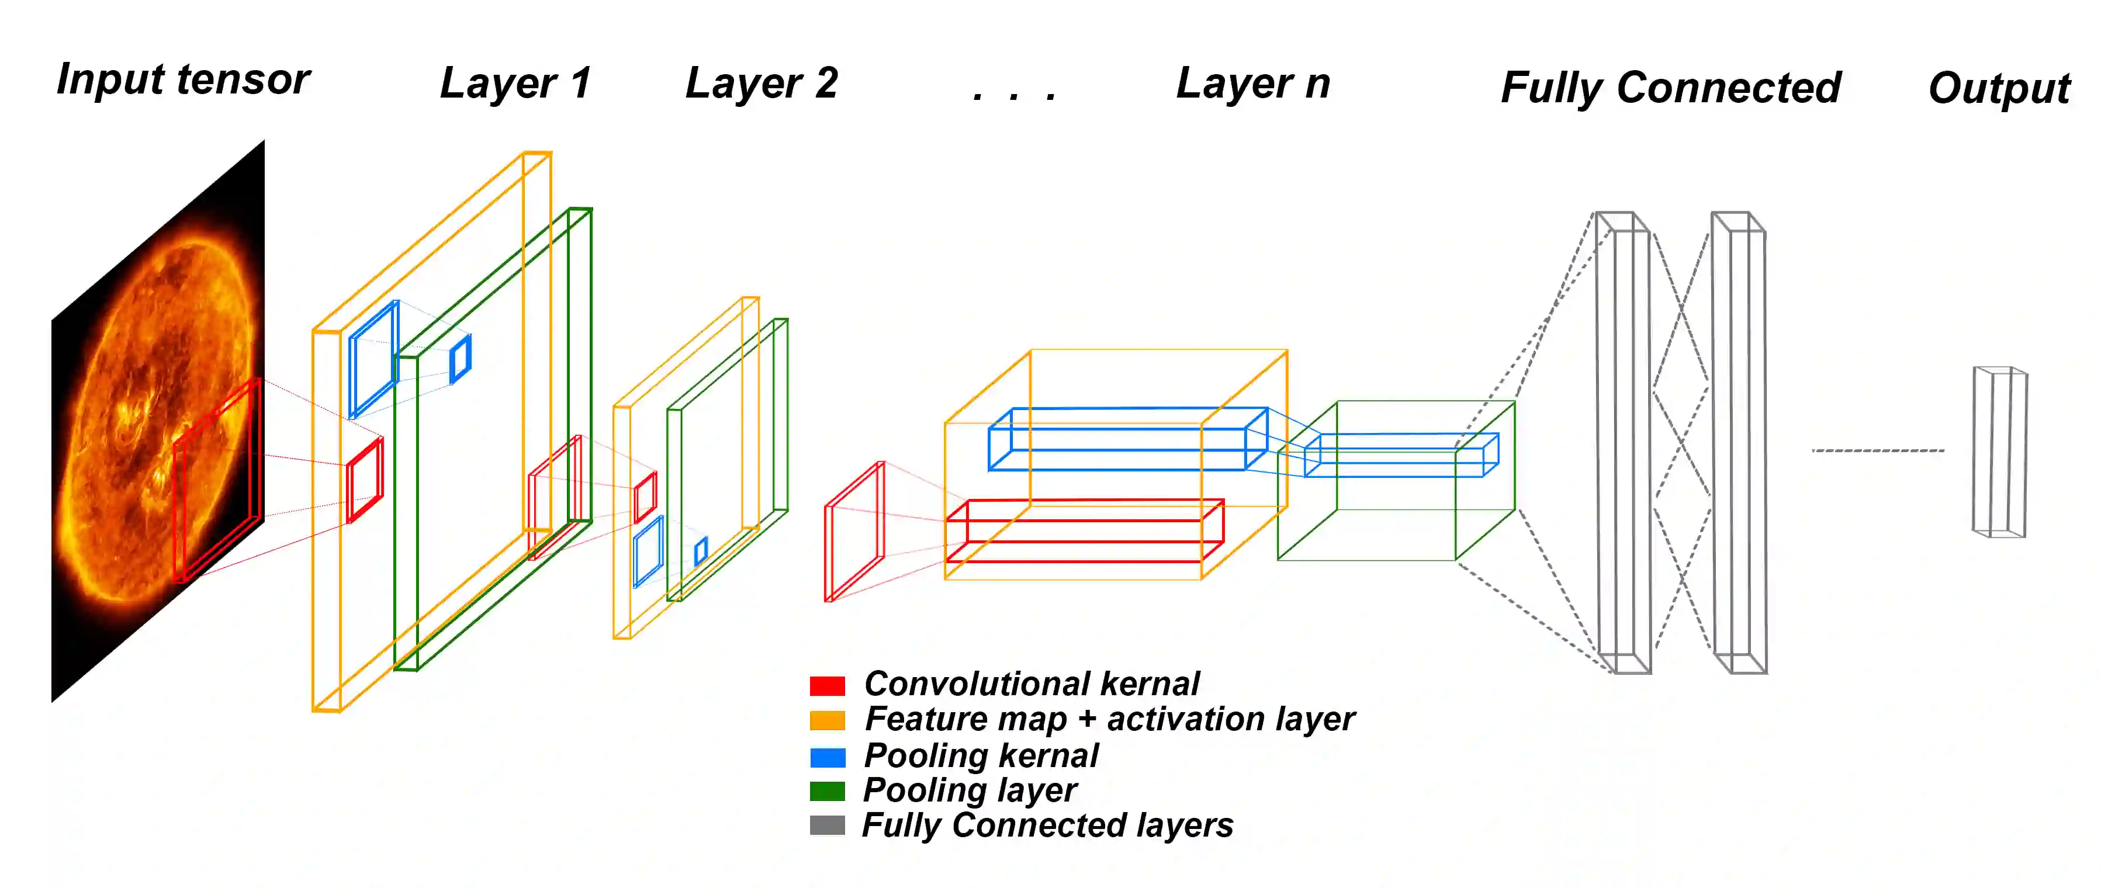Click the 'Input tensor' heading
183,80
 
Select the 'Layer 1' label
515,83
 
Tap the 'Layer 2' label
761,83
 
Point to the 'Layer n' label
1253,83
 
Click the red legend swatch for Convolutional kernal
827,685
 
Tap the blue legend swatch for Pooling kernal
827,757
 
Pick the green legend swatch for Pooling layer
827,791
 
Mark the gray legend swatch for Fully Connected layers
827,825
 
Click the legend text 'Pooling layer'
970,790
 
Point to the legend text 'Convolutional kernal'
1031,684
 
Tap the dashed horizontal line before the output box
1878,450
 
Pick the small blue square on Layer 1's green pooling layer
460,359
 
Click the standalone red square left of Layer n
854,532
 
